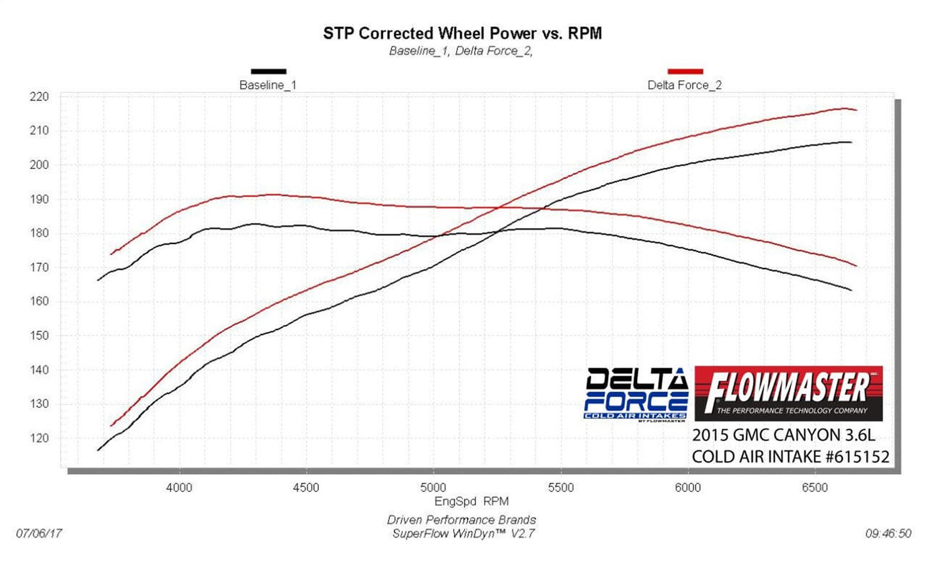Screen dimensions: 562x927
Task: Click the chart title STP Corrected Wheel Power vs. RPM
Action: click(x=462, y=33)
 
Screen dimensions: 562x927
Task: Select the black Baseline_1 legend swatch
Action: click(x=268, y=71)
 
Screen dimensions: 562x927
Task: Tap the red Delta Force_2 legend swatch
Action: click(x=685, y=71)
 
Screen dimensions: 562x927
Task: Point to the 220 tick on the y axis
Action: click(x=39, y=97)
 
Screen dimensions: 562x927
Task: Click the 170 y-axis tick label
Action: click(x=39, y=267)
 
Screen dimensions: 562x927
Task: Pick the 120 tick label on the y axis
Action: click(x=39, y=438)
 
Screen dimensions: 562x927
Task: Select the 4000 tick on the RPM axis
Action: click(x=179, y=488)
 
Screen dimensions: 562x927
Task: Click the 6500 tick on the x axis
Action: click(x=815, y=488)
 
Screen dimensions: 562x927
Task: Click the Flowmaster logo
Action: click(x=788, y=393)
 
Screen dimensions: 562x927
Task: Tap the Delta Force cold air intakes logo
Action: click(x=635, y=395)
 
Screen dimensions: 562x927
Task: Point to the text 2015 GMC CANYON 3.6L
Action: click(x=783, y=435)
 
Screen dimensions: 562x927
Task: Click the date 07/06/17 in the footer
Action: click(x=39, y=533)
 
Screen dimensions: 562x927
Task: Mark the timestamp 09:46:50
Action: click(x=888, y=533)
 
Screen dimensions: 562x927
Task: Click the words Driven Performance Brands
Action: click(x=461, y=520)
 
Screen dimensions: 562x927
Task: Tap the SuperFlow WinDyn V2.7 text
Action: click(x=463, y=533)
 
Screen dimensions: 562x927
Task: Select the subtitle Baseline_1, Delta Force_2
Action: click(x=461, y=51)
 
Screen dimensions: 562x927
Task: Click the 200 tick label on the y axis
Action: click(x=39, y=165)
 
